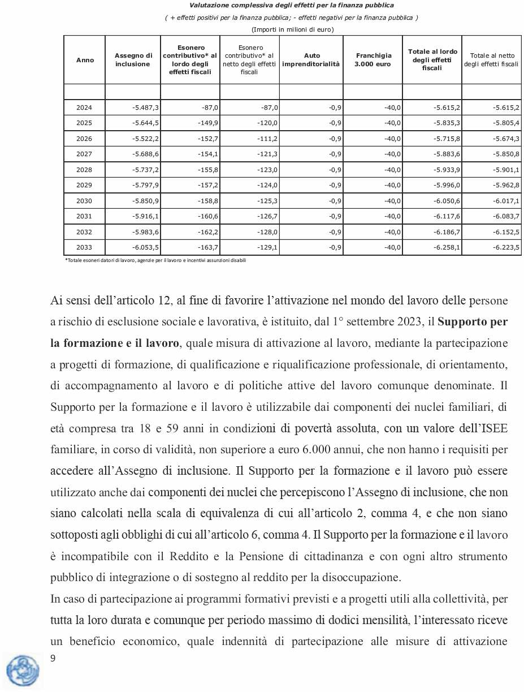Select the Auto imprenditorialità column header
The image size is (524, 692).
tap(311, 60)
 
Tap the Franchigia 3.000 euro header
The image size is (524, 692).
tap(373, 60)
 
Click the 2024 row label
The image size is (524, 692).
tap(84, 108)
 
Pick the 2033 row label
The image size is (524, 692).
tap(84, 248)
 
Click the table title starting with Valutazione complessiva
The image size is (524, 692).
tap(292, 6)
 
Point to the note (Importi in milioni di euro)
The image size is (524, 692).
tap(292, 29)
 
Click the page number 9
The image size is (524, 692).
tap(53, 658)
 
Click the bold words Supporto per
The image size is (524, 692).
tap(473, 323)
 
